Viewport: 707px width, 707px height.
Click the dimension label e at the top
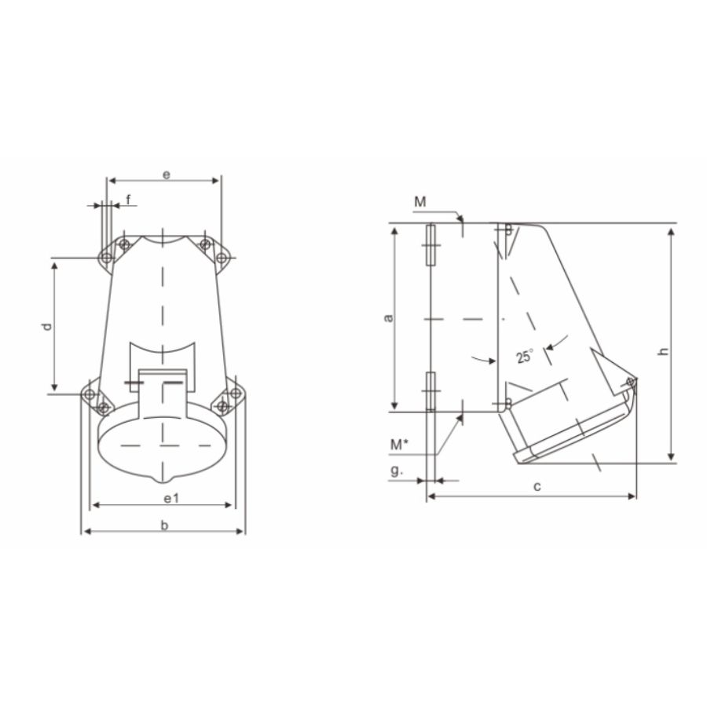166,174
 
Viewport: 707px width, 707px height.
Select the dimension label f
128,200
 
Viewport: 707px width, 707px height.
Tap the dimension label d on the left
47,325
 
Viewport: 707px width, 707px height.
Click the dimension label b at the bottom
164,525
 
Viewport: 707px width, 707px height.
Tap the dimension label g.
397,472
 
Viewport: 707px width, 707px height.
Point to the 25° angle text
524,356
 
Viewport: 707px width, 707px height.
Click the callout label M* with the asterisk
399,444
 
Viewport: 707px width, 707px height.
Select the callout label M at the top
420,202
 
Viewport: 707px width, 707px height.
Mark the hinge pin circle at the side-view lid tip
631,383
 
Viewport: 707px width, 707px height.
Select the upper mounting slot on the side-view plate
430,246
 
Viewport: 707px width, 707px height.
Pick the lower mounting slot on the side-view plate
430,390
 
